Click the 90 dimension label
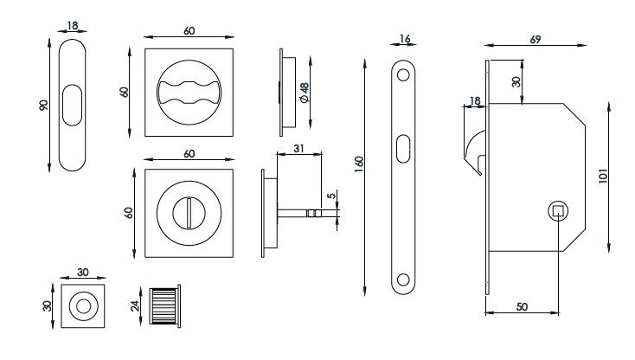click(x=44, y=105)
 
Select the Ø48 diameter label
click(x=302, y=92)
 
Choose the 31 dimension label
click(x=298, y=148)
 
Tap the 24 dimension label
click(x=135, y=305)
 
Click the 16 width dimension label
click(x=404, y=39)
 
